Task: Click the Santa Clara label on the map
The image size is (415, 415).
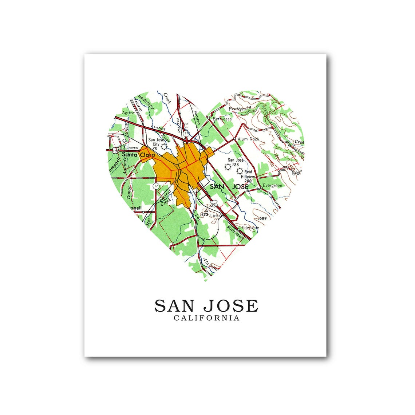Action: point(138,155)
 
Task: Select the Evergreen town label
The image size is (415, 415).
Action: point(272,186)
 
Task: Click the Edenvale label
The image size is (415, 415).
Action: point(250,228)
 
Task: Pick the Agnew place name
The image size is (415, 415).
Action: point(129,113)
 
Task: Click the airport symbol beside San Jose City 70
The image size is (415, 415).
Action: point(164,146)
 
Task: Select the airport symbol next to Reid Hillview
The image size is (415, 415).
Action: point(240,171)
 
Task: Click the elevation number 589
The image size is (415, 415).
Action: point(263,218)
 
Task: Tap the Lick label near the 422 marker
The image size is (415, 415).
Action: point(214,216)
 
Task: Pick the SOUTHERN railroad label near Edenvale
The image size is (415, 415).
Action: point(235,233)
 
